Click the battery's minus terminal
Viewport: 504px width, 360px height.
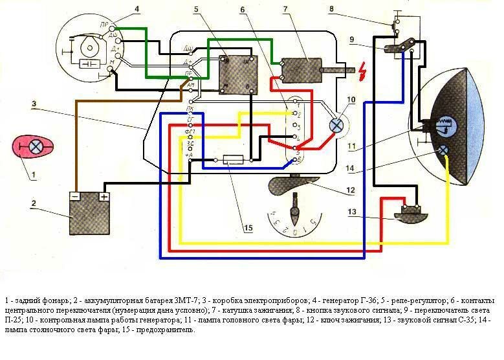tap(75, 196)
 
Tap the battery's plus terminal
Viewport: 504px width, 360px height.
tap(103, 196)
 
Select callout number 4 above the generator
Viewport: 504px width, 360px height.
tap(137, 9)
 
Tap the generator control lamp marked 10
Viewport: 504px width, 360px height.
tap(336, 126)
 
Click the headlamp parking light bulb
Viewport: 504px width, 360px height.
tap(444, 150)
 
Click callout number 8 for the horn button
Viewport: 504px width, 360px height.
tap(331, 9)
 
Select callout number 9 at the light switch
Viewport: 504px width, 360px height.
tap(352, 40)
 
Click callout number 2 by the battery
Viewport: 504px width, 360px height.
tap(33, 203)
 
